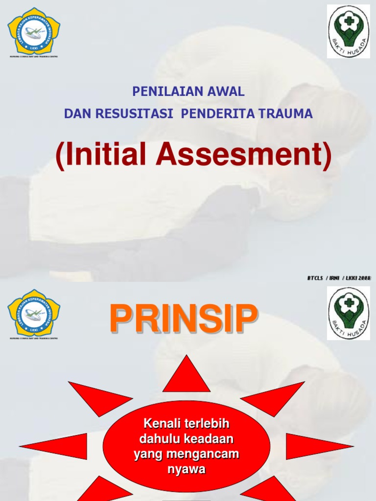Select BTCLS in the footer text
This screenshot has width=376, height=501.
316,278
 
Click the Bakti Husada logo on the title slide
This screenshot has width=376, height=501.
348,31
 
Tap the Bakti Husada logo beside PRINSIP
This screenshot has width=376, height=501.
348,313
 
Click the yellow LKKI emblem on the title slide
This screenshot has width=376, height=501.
34,30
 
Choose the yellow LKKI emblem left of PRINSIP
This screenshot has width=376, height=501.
34,313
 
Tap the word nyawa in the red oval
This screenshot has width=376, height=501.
186,469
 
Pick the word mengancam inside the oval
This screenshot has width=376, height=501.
203,454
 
